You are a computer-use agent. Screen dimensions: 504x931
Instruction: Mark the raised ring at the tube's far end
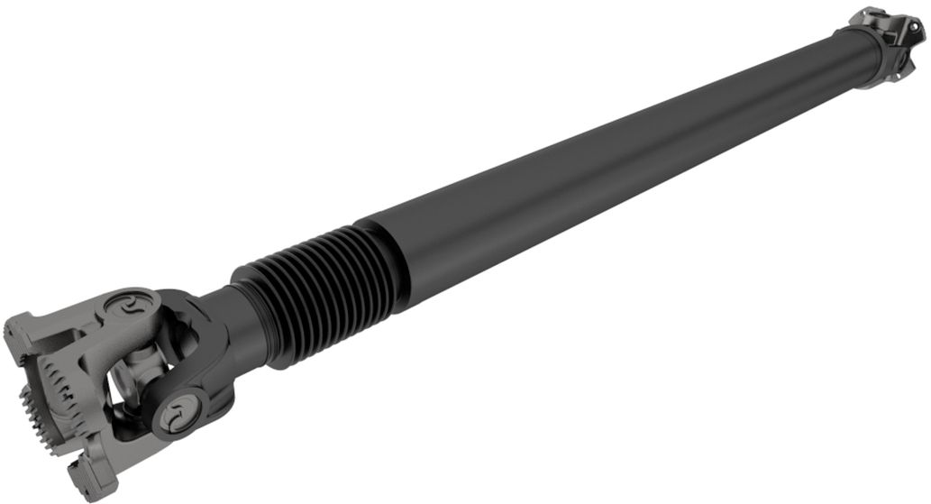(862, 54)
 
